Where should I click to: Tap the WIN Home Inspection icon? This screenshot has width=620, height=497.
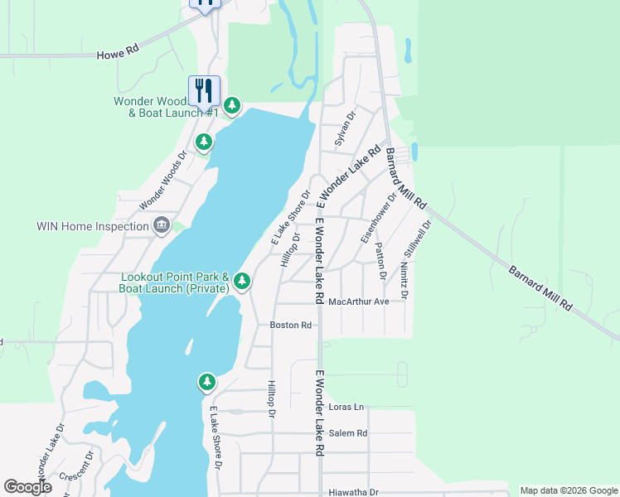click(x=162, y=225)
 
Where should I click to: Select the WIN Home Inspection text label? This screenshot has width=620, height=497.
click(x=92, y=226)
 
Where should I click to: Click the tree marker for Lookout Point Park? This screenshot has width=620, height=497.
click(x=242, y=282)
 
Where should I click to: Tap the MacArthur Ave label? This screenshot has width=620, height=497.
click(x=358, y=302)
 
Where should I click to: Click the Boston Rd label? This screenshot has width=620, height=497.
click(x=290, y=326)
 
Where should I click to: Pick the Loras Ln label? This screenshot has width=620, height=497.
click(x=346, y=408)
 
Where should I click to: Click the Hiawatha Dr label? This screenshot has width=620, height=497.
click(x=352, y=491)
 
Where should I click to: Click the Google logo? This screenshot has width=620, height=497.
click(x=27, y=487)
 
